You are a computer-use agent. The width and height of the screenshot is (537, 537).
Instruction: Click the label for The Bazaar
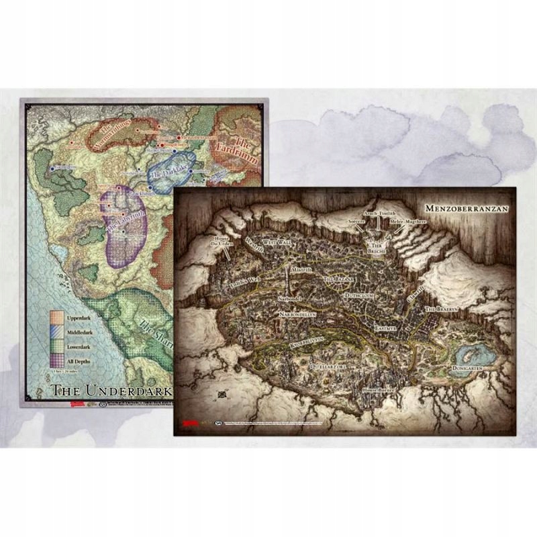pos(338,278)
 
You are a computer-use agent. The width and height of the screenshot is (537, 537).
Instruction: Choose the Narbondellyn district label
pos(303,312)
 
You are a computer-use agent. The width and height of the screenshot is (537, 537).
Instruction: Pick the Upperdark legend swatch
pos(59,317)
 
